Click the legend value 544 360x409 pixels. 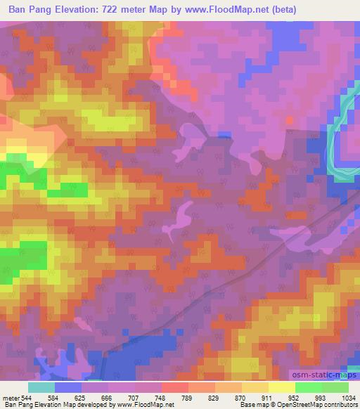[27, 396]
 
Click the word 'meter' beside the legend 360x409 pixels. [10, 396]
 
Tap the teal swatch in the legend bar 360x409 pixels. [41, 387]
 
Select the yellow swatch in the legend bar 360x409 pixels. [282, 387]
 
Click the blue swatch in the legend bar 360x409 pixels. [68, 387]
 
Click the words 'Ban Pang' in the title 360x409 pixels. [28, 10]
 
